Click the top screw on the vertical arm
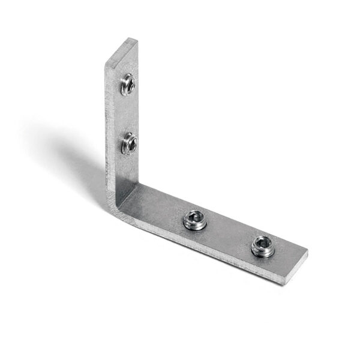pos(127,85)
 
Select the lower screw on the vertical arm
pos(129,143)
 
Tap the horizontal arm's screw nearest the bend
pos(194,220)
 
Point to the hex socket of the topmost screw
pos(128,85)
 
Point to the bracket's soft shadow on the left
pos(66,150)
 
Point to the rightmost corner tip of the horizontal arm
pos(307,253)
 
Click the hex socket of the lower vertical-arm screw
pos(130,143)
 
